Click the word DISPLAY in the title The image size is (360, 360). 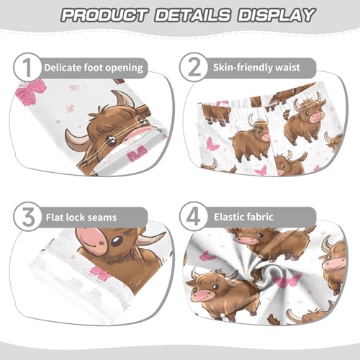click(273, 14)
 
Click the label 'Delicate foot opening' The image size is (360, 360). click(94, 68)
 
